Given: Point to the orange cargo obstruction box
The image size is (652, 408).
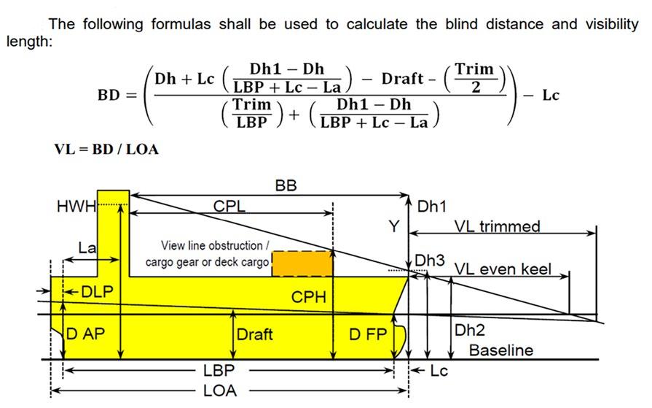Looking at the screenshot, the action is click(302, 263).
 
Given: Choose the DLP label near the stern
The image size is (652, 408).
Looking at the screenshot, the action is click(97, 292).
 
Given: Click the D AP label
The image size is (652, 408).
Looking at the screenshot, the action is click(87, 335).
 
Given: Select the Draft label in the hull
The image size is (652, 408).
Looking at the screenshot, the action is click(254, 335).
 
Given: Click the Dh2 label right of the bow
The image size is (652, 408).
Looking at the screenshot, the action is click(470, 330).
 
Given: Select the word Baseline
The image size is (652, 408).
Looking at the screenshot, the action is click(500, 350).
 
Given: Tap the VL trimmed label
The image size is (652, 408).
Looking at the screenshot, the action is click(498, 226).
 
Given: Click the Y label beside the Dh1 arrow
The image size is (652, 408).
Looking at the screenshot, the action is click(393, 227).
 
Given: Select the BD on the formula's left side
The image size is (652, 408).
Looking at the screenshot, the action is click(109, 96).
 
